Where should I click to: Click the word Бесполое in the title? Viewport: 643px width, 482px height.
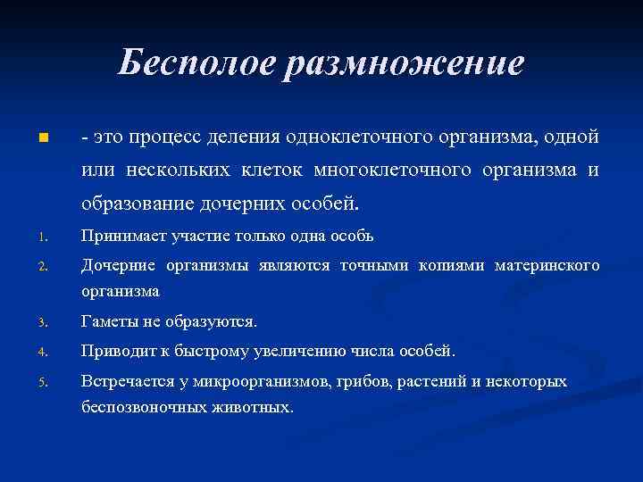coord(196,63)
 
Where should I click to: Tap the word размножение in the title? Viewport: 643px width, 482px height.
coord(404,63)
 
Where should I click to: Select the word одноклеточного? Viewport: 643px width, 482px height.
coord(360,138)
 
